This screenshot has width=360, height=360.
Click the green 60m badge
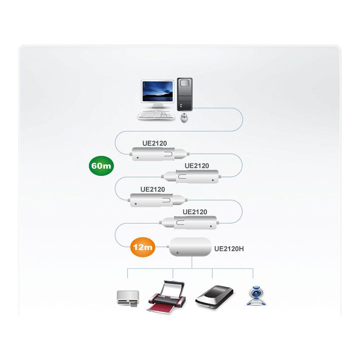coord(102,166)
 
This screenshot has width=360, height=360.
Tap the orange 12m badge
coord(142,247)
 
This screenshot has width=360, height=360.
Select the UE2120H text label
coord(229,248)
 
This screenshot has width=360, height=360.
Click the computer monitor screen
coord(157,91)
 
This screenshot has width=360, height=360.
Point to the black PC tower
coord(185,94)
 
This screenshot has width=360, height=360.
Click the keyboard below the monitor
coord(156,115)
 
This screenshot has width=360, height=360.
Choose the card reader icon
coord(128,298)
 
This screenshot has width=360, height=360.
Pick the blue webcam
coord(256,296)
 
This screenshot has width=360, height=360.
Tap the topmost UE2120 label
coord(154,143)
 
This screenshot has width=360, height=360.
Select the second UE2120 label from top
coord(197,166)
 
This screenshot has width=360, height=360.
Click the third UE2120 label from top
coord(153,189)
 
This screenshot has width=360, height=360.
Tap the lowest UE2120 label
coord(195,212)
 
